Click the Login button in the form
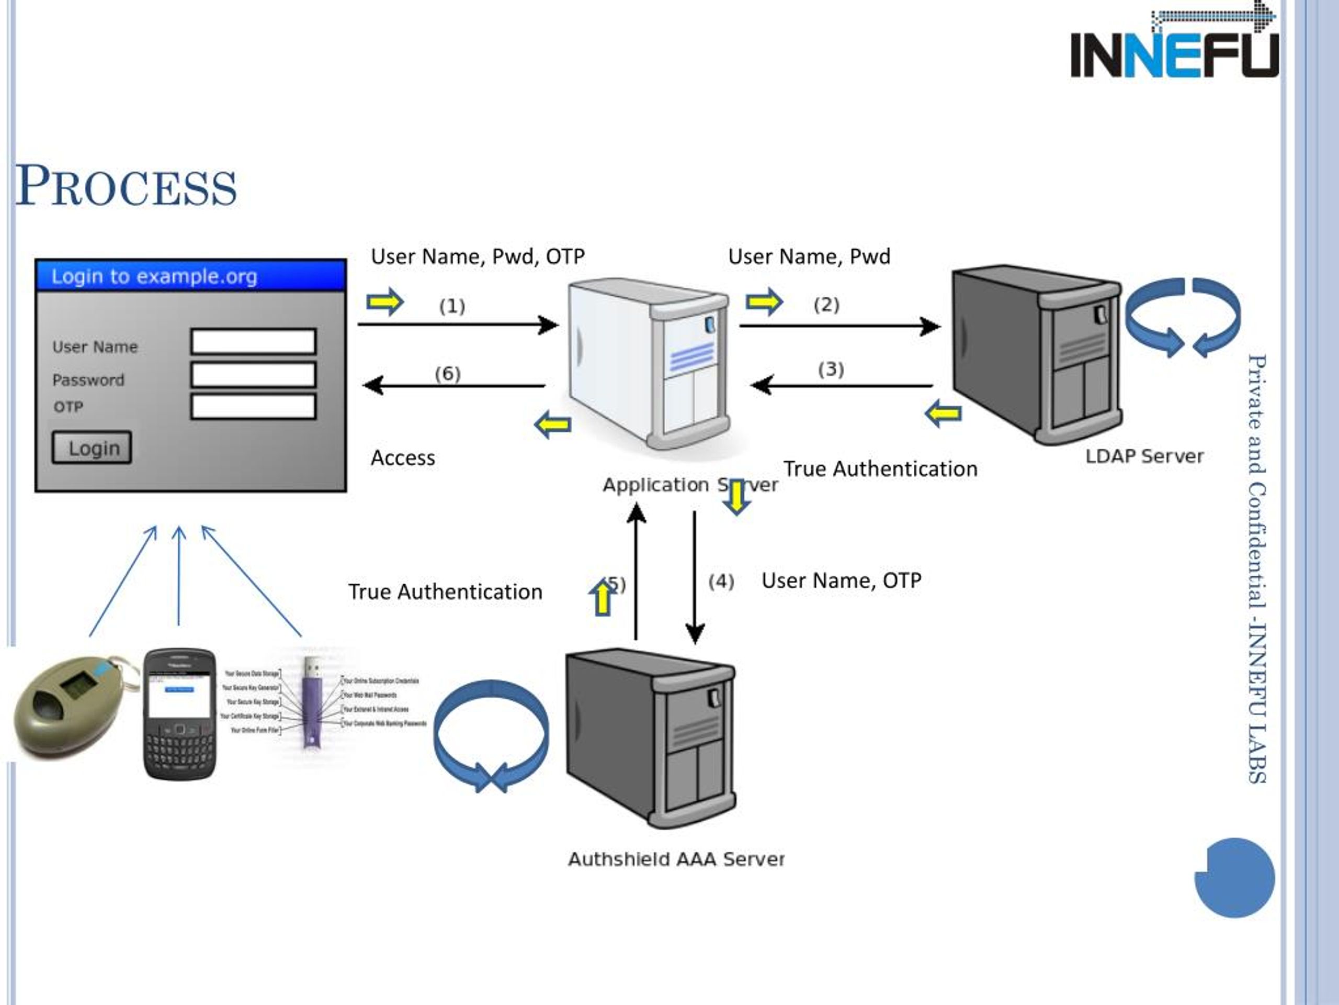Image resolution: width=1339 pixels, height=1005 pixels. click(92, 448)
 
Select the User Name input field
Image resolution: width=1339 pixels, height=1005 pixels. click(253, 342)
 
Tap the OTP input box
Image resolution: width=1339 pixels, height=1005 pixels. click(253, 407)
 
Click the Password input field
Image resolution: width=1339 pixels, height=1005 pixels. click(253, 374)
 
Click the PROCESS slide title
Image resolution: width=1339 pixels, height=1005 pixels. click(126, 186)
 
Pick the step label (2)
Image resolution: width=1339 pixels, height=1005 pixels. click(826, 304)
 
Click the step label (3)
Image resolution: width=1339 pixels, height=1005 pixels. click(831, 369)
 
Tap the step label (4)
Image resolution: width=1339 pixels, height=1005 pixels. click(721, 582)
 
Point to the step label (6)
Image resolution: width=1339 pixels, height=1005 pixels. click(447, 373)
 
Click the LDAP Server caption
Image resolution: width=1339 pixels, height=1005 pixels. click(1144, 456)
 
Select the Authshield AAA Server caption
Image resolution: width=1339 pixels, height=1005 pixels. click(676, 859)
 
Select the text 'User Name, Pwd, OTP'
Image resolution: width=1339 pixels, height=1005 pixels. click(478, 257)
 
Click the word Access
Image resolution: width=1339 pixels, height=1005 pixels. click(403, 458)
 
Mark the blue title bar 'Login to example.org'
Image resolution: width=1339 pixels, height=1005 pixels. click(191, 276)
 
